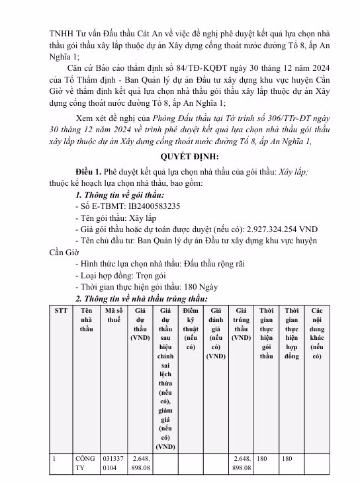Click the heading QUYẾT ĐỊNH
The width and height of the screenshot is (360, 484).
[179, 157]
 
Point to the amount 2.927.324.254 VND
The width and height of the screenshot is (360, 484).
[287, 227]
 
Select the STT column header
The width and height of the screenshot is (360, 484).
[61, 310]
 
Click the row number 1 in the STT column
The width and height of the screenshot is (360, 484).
[57, 457]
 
